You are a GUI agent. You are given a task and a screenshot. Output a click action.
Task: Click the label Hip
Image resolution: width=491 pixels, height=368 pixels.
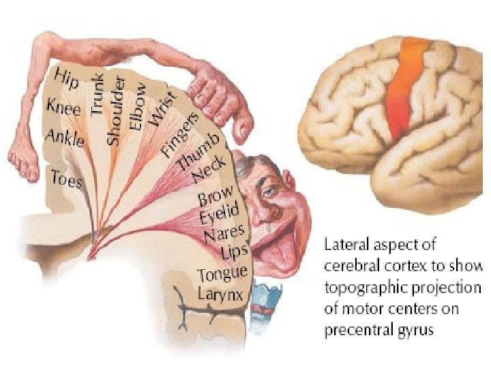click(68, 78)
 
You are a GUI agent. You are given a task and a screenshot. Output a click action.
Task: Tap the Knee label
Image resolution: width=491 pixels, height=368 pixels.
click(63, 107)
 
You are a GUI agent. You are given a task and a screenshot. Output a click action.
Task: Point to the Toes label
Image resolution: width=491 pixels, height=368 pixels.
click(67, 179)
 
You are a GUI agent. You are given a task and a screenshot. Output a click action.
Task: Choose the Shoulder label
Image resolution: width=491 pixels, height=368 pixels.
click(117, 110)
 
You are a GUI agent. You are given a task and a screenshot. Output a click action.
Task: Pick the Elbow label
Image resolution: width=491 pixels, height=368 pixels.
click(138, 105)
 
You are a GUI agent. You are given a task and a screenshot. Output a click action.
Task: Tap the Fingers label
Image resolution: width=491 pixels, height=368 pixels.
click(180, 134)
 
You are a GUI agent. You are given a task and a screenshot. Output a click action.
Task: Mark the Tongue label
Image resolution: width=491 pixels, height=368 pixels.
click(222, 274)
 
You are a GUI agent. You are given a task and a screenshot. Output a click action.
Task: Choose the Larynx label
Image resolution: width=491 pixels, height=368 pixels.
click(220, 294)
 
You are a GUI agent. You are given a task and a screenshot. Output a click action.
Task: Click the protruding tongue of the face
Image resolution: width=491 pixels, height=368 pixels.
click(277, 251)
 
